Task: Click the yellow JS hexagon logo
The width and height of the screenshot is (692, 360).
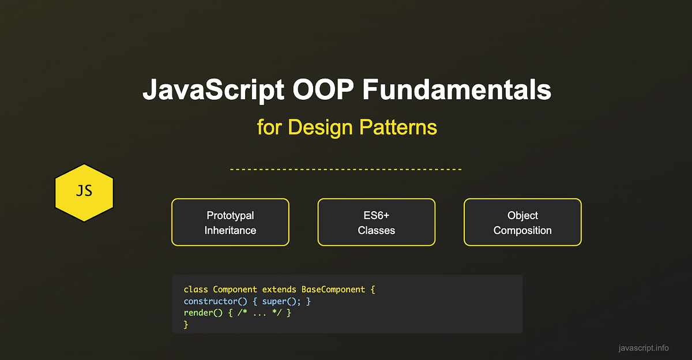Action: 84,193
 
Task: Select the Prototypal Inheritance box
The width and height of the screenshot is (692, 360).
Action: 230,223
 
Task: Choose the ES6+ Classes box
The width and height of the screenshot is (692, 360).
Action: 376,223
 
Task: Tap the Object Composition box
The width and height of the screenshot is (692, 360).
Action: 522,223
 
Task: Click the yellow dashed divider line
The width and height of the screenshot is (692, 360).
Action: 346,170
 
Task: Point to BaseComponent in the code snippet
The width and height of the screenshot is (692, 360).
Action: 333,290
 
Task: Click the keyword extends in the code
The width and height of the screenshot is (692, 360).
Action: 279,290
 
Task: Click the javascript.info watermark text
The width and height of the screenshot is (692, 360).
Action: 643,348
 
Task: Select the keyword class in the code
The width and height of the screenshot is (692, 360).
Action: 196,290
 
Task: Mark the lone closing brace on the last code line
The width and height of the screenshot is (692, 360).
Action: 186,325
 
